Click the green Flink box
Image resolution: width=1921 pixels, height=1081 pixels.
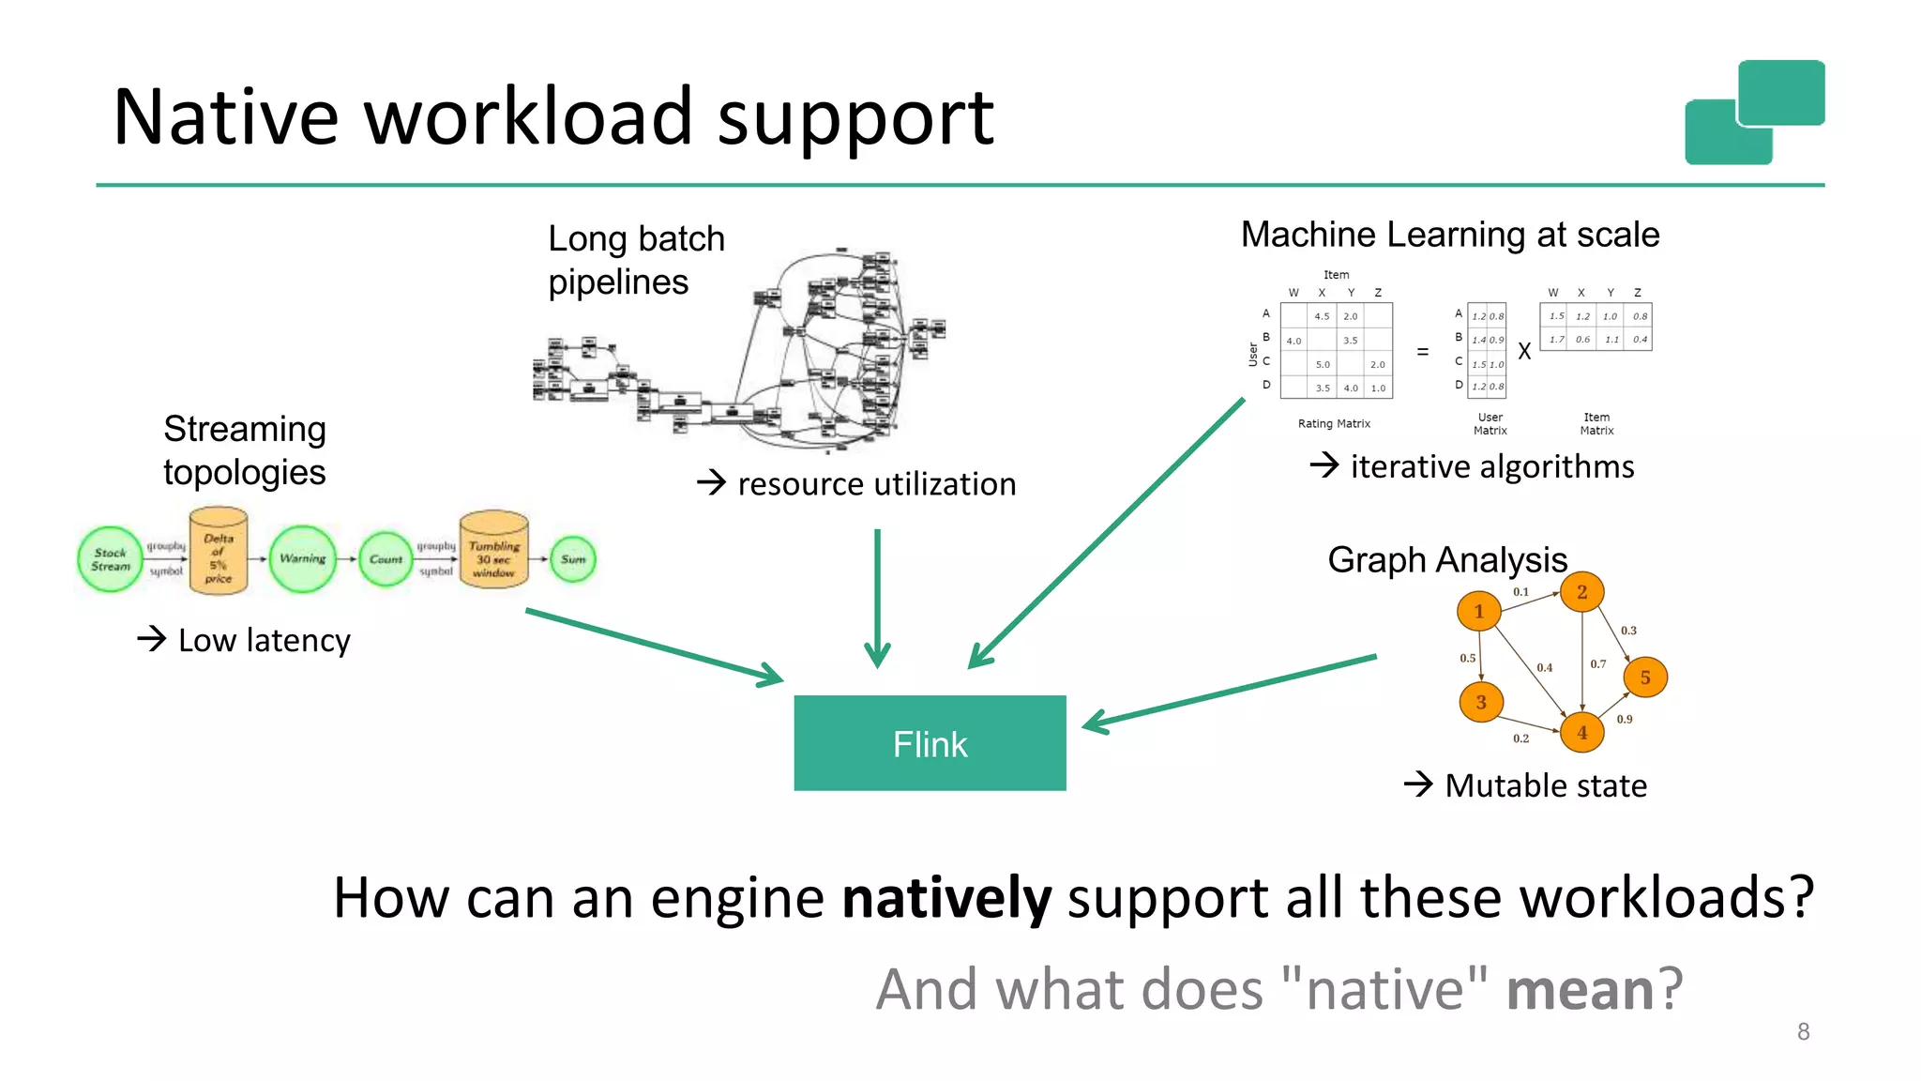point(930,743)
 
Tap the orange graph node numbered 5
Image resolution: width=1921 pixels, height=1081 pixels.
point(1645,678)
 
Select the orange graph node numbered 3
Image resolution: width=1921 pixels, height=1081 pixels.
point(1481,702)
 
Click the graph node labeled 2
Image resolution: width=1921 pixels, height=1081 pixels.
point(1581,592)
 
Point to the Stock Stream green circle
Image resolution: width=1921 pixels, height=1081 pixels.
point(111,559)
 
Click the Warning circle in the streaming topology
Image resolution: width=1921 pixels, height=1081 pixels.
point(302,558)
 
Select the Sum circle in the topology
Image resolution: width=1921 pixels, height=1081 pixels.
point(573,559)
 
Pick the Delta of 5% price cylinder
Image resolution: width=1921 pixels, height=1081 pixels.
point(219,555)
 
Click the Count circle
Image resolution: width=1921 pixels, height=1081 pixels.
point(386,559)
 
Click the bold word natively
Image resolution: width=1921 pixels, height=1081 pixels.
point(946,898)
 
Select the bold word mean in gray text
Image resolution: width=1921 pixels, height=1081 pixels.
point(1580,990)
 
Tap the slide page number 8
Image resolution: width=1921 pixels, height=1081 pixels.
point(1803,1031)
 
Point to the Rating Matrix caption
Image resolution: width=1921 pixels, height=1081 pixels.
point(1334,424)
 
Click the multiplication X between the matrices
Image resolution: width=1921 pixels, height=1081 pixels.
point(1524,352)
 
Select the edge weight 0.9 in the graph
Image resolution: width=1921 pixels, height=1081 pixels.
point(1625,720)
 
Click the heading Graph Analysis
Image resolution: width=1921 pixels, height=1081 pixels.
point(1447,560)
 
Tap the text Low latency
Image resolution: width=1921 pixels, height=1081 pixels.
point(264,641)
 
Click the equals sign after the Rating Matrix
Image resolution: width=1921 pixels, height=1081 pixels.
point(1423,352)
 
